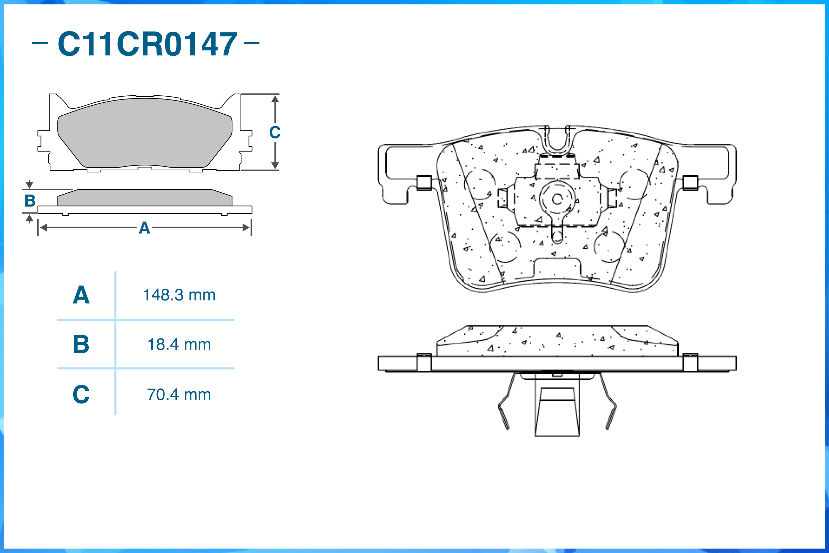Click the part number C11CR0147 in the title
147,44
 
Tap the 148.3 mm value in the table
179,295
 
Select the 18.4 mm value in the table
179,345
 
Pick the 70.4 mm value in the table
179,395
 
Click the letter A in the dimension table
81,295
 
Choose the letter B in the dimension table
81,345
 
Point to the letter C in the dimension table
81,395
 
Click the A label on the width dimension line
144,228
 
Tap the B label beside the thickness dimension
30,201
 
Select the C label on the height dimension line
275,133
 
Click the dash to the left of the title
40,44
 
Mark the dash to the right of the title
251,43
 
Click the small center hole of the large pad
557,200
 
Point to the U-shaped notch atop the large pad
557,141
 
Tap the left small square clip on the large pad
424,183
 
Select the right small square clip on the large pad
690,183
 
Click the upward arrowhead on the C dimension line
275,99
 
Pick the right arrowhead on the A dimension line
246,228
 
